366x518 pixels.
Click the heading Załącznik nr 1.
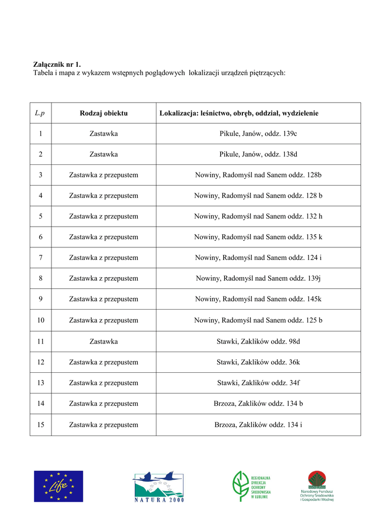(x=57, y=64)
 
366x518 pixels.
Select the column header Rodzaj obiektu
(x=103, y=113)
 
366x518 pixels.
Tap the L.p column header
(x=40, y=113)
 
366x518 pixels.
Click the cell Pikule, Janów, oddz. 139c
(x=258, y=134)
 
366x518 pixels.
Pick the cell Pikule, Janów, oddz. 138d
(x=258, y=154)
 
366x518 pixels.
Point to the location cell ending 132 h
(x=258, y=217)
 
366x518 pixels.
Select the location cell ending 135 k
(x=258, y=237)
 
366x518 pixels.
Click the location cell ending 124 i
(x=258, y=258)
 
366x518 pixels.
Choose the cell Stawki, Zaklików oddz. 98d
(x=258, y=341)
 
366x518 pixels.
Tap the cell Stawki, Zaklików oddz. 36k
(x=258, y=362)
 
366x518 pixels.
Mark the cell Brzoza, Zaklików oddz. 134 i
(x=258, y=425)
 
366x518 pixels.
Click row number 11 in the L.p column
(x=40, y=341)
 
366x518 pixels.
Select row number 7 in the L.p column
(x=40, y=258)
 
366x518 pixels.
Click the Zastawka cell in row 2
(x=103, y=154)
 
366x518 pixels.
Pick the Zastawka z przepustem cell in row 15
(x=103, y=425)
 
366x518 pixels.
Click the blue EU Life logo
(x=59, y=486)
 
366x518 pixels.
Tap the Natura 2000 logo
(x=159, y=487)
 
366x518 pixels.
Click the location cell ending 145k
(x=258, y=299)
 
